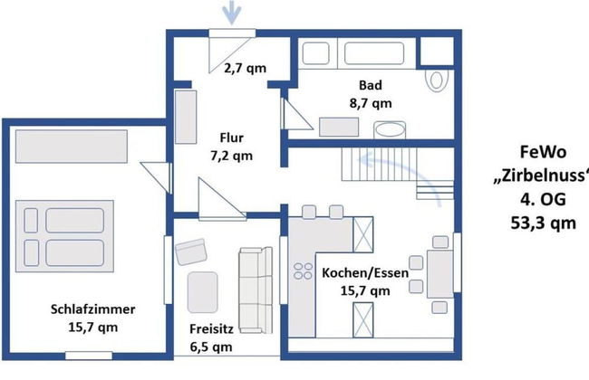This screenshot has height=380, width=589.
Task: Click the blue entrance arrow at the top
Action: [x=227, y=13]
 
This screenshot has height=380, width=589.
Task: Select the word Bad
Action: [x=370, y=86]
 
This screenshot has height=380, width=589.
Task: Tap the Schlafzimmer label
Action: [x=86, y=309]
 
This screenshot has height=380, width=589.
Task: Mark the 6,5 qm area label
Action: [x=213, y=347]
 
